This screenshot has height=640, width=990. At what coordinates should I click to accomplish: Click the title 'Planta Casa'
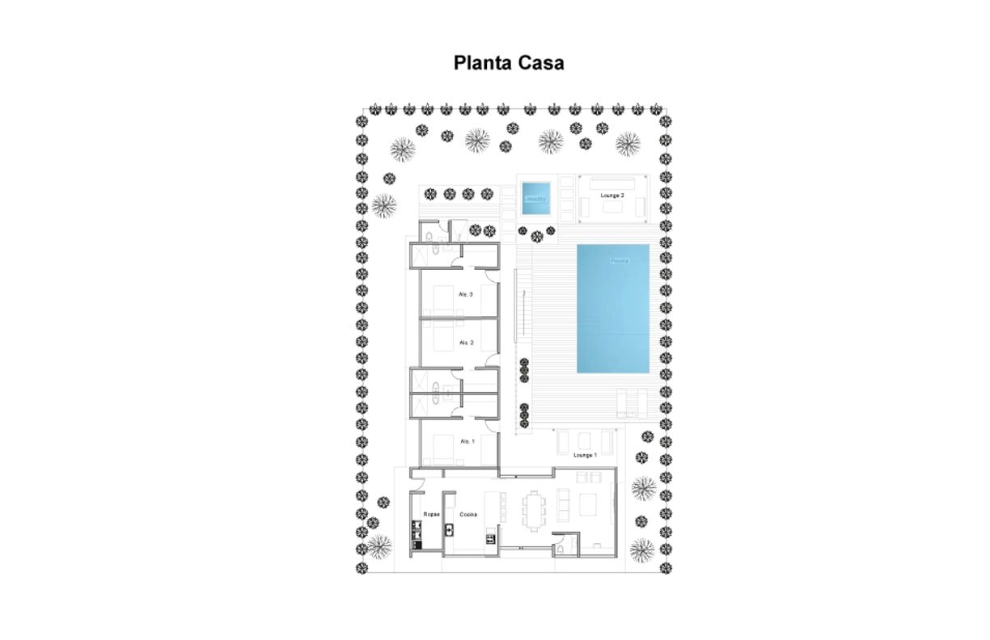(509, 63)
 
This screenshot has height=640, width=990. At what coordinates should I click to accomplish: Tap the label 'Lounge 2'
(611, 196)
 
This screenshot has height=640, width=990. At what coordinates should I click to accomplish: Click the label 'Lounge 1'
(585, 455)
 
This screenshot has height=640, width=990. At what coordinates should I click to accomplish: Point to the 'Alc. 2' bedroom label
(466, 343)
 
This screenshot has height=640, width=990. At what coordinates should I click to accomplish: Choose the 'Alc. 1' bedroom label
(467, 441)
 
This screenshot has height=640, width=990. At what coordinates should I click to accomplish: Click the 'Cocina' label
(468, 514)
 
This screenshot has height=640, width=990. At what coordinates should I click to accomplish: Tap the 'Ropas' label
(430, 514)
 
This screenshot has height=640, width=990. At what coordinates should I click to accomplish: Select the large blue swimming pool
(613, 308)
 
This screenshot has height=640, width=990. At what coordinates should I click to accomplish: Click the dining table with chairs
(535, 510)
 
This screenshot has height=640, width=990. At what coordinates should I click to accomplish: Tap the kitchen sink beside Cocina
(449, 529)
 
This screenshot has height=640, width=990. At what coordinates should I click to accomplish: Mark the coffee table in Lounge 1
(584, 441)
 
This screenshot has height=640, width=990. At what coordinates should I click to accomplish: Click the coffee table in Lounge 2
(611, 207)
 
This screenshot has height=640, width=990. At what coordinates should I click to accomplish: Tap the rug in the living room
(588, 505)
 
